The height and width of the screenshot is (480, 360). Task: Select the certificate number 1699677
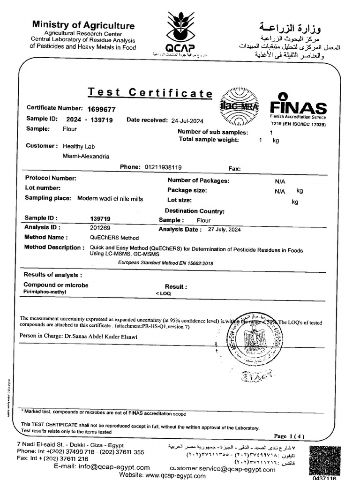coord(101,109)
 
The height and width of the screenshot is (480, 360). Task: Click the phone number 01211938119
coord(164,167)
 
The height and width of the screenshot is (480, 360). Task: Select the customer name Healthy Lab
coord(79,146)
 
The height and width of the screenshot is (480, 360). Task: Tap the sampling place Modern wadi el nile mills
coord(110,199)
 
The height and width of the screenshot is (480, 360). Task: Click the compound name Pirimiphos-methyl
coord(45,292)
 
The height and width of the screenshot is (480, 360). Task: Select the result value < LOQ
coord(164,293)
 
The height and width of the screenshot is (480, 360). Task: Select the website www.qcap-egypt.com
coord(169,475)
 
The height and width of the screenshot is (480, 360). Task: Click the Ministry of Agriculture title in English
coord(83,26)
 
